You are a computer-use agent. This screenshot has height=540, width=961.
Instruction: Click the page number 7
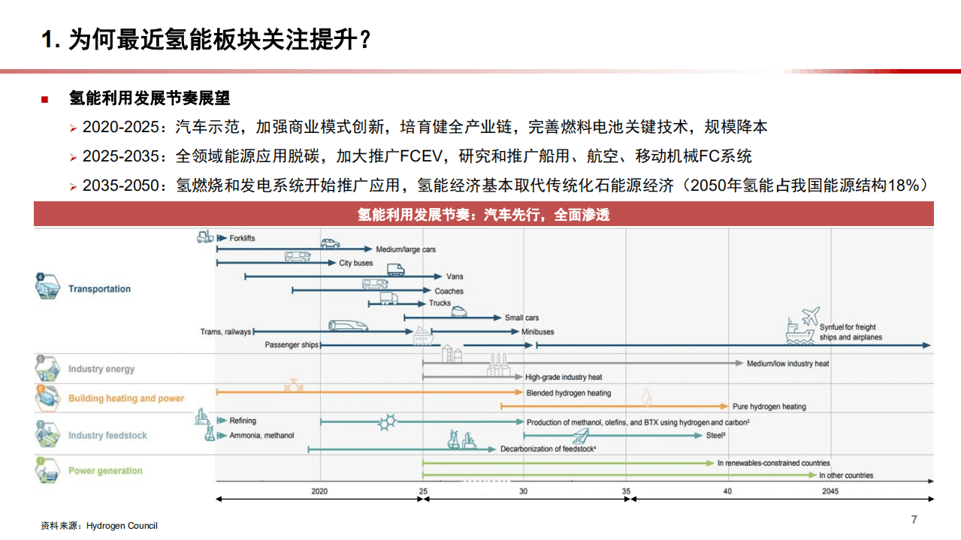(x=914, y=520)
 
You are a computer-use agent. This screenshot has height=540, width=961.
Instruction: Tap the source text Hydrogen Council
(x=122, y=526)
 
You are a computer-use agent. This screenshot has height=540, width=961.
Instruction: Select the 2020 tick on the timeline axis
(x=320, y=491)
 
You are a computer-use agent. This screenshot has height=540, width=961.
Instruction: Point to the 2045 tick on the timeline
(x=830, y=491)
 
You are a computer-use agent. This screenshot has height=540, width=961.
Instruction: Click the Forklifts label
(x=242, y=238)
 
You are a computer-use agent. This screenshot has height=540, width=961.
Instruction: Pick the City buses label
(x=355, y=264)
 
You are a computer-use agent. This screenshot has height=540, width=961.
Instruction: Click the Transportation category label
(x=99, y=289)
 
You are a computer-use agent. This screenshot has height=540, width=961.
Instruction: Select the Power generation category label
(x=105, y=471)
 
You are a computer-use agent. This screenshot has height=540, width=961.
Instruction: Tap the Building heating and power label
(x=126, y=399)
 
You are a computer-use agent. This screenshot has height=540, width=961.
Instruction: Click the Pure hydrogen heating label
(x=769, y=407)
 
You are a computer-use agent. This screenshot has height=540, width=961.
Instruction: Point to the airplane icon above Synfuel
(x=810, y=315)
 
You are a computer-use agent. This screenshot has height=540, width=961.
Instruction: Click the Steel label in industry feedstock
(x=715, y=436)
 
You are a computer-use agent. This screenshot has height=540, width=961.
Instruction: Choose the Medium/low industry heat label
(x=787, y=364)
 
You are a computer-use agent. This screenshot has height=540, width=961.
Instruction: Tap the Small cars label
(x=521, y=318)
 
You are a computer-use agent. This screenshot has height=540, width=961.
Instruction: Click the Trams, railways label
(x=225, y=331)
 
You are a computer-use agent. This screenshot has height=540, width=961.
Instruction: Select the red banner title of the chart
(x=483, y=215)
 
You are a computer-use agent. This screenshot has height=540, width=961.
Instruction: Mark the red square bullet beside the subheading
(x=44, y=99)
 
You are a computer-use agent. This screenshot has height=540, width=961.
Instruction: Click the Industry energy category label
(x=101, y=370)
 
